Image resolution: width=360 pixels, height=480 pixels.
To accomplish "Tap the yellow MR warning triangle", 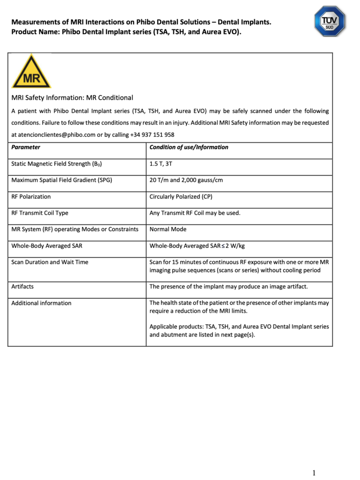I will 31,72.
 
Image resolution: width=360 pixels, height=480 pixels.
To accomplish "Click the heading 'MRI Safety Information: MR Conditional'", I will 72,97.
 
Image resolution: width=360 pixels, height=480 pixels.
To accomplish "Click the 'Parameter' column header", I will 26,147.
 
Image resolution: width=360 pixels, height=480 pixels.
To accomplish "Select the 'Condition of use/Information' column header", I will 189,147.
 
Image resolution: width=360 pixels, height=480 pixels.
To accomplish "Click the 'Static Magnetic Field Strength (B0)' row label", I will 57,164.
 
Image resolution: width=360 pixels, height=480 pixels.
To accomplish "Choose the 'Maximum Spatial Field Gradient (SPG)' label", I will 62,180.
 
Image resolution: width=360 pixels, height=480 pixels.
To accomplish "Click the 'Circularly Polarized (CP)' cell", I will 181,196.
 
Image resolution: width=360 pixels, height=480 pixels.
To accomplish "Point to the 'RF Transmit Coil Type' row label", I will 40,213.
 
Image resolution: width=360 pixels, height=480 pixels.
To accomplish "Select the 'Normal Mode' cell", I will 168,229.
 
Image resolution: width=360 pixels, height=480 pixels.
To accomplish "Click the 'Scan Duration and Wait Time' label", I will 50,262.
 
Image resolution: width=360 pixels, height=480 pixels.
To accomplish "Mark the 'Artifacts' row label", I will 22,286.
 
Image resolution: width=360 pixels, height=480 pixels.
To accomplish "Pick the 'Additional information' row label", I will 41,303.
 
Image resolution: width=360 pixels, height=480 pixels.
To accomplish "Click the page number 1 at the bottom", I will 314,472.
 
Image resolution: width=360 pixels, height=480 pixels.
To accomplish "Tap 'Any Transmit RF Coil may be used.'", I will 195,213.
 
